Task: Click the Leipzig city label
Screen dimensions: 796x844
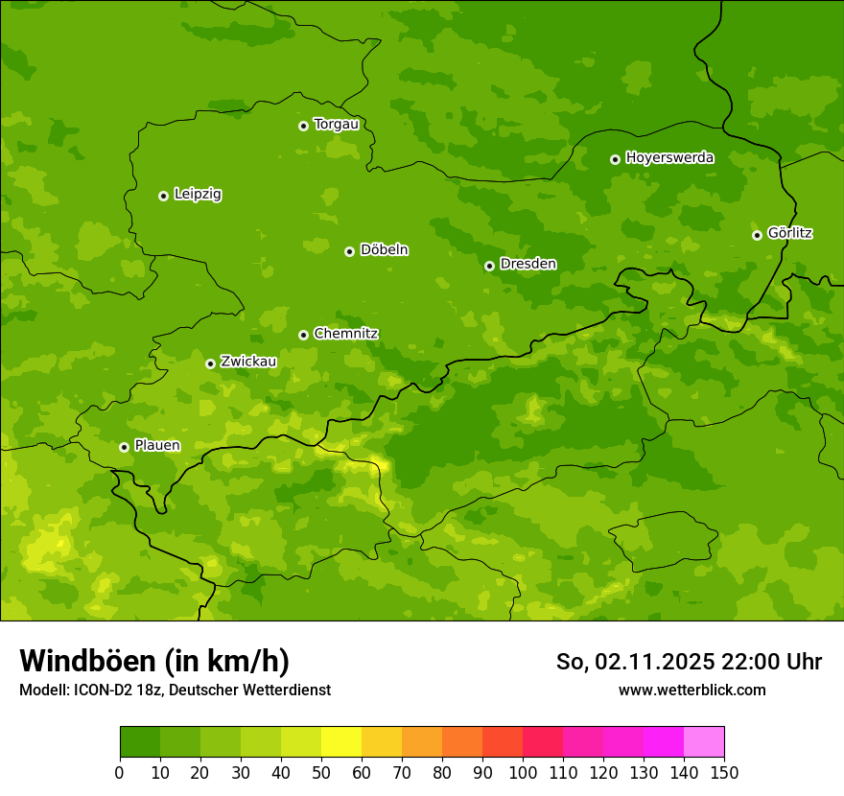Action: (x=198, y=195)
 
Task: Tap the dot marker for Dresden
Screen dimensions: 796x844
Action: (x=489, y=266)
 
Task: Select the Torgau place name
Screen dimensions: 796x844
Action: (x=336, y=125)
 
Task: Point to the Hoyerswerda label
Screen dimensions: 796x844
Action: (x=669, y=158)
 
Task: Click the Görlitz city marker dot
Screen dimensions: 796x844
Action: (x=757, y=235)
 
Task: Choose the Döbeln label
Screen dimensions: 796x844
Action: (x=384, y=250)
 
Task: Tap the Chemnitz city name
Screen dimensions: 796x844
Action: (x=345, y=334)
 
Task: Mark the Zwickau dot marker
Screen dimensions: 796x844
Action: (x=210, y=363)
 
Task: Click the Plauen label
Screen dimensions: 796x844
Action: (x=157, y=446)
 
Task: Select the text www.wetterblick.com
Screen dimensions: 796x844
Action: (x=692, y=691)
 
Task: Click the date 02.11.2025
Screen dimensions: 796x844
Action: (x=654, y=662)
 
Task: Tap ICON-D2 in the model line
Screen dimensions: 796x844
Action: (x=105, y=691)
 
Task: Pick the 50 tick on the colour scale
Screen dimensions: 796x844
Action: (x=320, y=772)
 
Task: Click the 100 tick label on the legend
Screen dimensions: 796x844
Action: (x=523, y=772)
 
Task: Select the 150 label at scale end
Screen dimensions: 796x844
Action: (x=724, y=772)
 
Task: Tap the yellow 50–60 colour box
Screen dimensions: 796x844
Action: (x=341, y=742)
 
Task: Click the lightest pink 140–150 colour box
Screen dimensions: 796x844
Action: (x=704, y=742)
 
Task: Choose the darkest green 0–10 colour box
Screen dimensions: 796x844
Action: (x=140, y=742)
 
